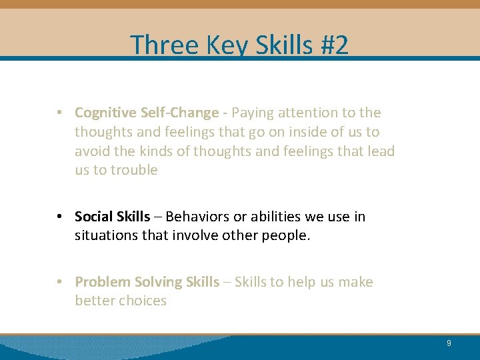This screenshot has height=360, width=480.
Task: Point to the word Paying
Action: (x=253, y=113)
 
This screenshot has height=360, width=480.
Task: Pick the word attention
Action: (x=309, y=113)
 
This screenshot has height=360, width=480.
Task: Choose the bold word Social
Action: (x=93, y=217)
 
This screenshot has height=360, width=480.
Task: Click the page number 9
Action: (x=449, y=343)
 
